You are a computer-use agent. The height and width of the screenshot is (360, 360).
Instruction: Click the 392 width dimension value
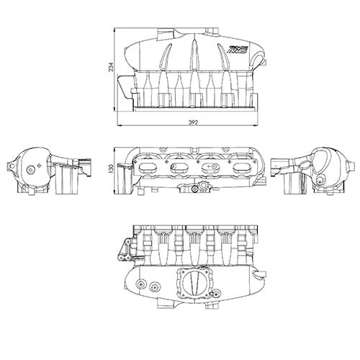(x=193, y=122)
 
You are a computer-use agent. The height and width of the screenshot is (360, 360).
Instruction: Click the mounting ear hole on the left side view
(x=9, y=167)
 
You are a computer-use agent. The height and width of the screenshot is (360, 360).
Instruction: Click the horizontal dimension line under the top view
(x=193, y=127)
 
